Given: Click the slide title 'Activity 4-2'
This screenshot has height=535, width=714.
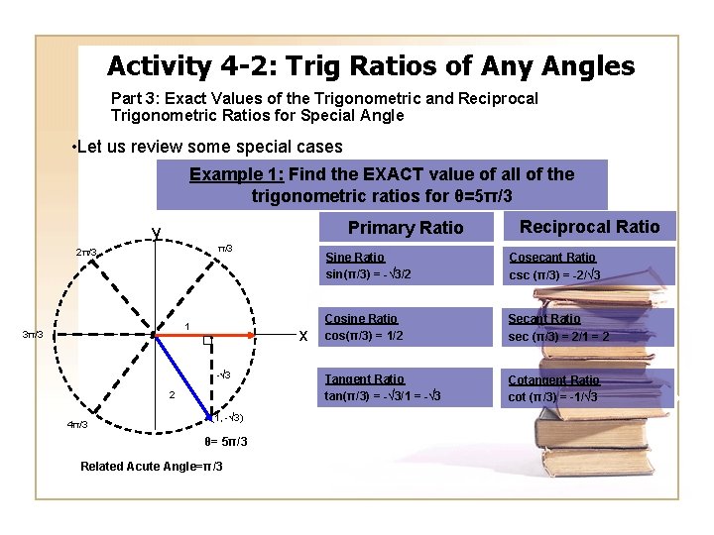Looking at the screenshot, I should click(x=370, y=66).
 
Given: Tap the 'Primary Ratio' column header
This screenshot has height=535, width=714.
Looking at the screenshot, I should click(x=405, y=228).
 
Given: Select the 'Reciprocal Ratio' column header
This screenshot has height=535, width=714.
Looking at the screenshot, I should click(x=589, y=227).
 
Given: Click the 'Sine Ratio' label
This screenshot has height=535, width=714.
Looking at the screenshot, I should click(x=355, y=258).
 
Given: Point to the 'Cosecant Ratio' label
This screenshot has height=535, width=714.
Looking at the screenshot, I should click(x=552, y=258).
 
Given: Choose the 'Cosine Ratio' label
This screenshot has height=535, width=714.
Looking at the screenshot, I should click(x=361, y=319).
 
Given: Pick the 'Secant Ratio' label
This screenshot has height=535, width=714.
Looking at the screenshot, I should click(x=544, y=319).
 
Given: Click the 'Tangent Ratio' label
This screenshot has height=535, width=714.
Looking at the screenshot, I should click(x=364, y=379).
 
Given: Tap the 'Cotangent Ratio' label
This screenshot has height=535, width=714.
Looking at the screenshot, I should click(x=553, y=380).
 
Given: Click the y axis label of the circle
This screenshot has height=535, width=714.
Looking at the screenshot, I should click(x=157, y=233).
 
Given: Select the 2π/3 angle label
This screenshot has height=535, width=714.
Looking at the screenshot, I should click(x=87, y=253).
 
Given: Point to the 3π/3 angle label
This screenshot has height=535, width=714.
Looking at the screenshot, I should click(x=31, y=335).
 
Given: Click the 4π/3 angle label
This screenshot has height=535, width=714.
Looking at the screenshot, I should click(x=76, y=425).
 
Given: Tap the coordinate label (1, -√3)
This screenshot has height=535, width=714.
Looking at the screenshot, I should click(x=229, y=417).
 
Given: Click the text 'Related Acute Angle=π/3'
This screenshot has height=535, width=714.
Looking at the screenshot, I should click(x=151, y=467).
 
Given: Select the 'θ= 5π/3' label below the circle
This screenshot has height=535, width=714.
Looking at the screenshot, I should click(x=225, y=442).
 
